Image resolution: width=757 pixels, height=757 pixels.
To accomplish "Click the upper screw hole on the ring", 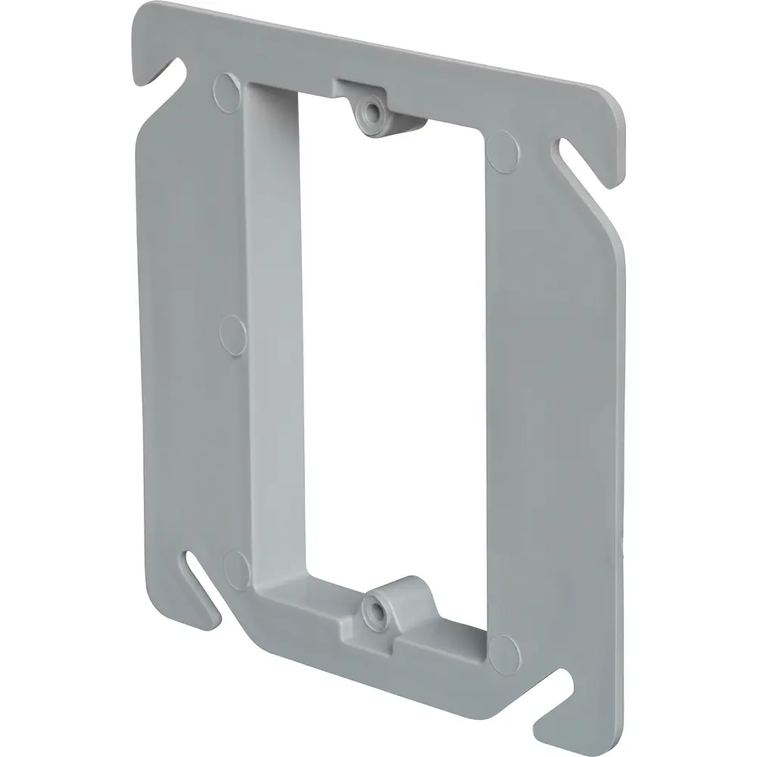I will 371,111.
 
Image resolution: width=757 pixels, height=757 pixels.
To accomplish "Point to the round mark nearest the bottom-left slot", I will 238,563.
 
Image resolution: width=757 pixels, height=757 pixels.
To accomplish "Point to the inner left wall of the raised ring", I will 277,318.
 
